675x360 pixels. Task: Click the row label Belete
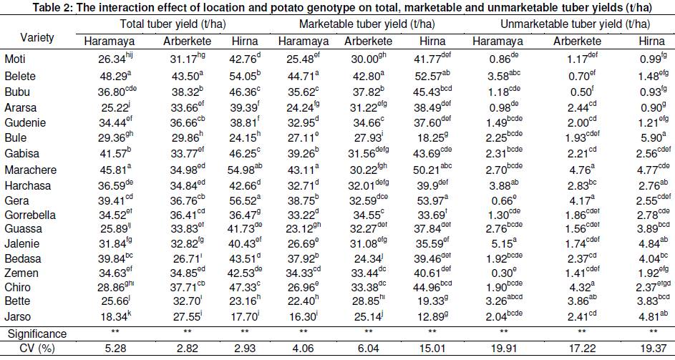point(20,76)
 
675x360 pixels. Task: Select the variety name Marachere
point(31,170)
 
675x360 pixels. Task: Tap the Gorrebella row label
point(30,215)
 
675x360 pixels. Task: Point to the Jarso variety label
point(18,316)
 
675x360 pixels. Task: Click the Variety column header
point(37,37)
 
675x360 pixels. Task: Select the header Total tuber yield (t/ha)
point(173,24)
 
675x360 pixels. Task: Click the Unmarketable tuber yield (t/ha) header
point(575,24)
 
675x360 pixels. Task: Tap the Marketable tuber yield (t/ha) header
point(366,24)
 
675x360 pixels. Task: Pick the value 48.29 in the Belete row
point(115,75)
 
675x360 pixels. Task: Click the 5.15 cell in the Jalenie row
point(504,243)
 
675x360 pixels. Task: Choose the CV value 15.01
point(432,349)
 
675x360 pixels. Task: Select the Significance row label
point(37,334)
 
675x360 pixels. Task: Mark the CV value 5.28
point(115,349)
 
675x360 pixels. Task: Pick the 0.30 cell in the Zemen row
point(504,273)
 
